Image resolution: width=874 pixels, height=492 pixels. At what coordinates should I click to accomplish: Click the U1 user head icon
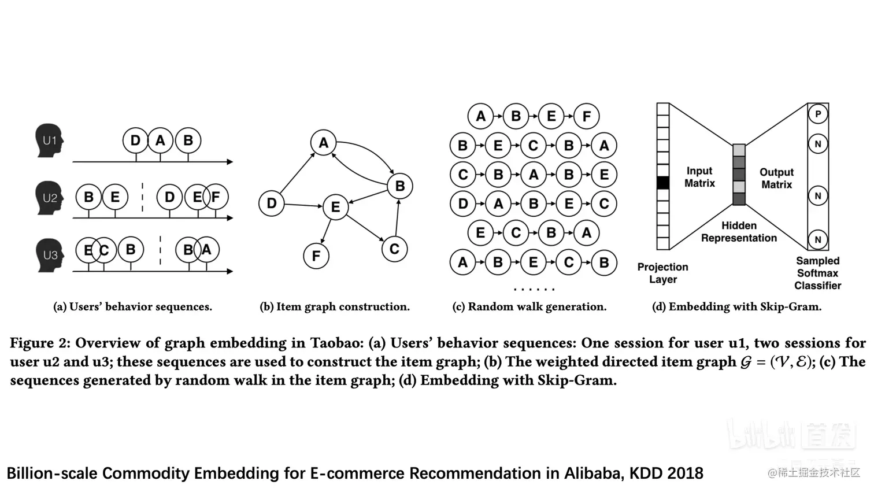pyautogui.click(x=49, y=140)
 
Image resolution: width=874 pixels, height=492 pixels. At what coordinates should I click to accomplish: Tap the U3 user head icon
pyautogui.click(x=49, y=255)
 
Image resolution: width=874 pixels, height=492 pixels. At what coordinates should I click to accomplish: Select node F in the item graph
pyautogui.click(x=316, y=256)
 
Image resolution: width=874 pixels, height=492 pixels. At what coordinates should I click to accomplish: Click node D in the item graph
pyautogui.click(x=271, y=204)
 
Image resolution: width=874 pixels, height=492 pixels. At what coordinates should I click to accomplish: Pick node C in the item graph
pyautogui.click(x=394, y=249)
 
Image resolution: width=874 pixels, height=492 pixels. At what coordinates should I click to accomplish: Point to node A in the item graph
pyautogui.click(x=323, y=143)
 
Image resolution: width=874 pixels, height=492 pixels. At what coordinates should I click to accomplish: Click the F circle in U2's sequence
pyautogui.click(x=216, y=197)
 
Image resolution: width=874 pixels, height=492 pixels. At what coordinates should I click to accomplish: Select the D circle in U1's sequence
pyautogui.click(x=135, y=140)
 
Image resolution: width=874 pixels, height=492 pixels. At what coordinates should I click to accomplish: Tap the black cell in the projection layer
pyautogui.click(x=663, y=183)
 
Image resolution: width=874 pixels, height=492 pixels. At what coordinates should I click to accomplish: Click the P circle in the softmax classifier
pyautogui.click(x=817, y=114)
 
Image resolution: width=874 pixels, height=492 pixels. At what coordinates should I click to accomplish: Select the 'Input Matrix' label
pyautogui.click(x=699, y=177)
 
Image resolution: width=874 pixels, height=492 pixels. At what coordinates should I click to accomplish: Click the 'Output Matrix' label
pyautogui.click(x=776, y=178)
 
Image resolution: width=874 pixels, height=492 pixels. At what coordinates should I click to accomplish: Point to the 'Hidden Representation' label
pyautogui.click(x=739, y=231)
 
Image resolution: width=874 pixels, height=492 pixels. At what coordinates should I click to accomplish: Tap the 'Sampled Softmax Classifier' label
pyautogui.click(x=817, y=273)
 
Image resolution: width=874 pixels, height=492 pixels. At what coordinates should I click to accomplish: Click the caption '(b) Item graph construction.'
pyautogui.click(x=335, y=306)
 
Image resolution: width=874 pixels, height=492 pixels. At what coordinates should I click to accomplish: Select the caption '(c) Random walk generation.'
pyautogui.click(x=529, y=306)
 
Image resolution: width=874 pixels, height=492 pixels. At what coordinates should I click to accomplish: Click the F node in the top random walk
pyautogui.click(x=587, y=116)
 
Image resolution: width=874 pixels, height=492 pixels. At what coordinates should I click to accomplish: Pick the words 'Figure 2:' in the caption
pyautogui.click(x=40, y=343)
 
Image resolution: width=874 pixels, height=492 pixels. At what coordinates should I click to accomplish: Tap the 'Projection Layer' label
pyautogui.click(x=662, y=273)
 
